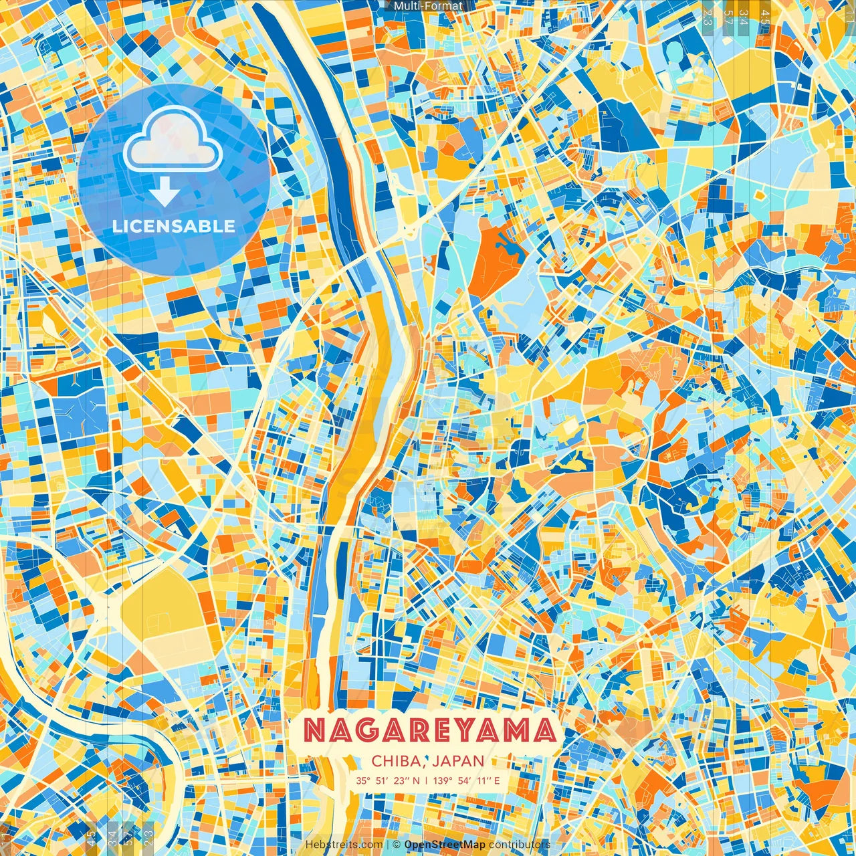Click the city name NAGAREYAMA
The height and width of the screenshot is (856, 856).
tap(430, 731)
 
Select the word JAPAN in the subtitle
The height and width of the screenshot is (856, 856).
tap(458, 761)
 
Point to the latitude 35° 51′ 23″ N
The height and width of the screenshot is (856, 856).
tap(388, 780)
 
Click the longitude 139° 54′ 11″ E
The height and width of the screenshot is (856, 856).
tap(466, 780)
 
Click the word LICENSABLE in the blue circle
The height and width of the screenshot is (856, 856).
tap(174, 226)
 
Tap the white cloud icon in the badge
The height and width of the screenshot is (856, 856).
tap(173, 139)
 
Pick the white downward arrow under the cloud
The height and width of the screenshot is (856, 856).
tap(165, 193)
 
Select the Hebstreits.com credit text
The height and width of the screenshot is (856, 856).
tap(344, 845)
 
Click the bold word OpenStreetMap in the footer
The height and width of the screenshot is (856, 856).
tap(445, 845)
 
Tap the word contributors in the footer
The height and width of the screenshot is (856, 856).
tap(520, 845)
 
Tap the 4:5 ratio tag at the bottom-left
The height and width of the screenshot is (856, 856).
tap(91, 837)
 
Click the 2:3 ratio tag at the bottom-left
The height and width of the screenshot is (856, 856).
tap(148, 837)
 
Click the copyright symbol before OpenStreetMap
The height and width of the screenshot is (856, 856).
tap(397, 845)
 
